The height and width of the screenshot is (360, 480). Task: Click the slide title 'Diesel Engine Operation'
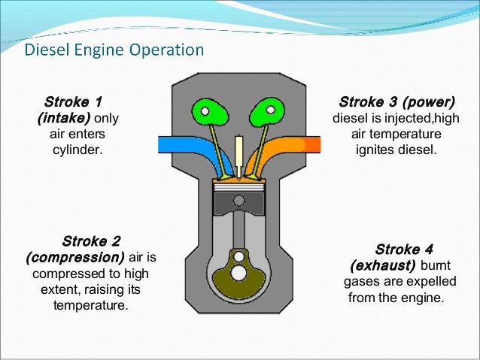(x=114, y=51)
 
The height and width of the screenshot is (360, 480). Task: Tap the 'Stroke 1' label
(x=73, y=101)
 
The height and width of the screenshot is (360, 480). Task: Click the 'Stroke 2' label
(x=90, y=241)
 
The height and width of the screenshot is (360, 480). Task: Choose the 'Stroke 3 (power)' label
(x=396, y=101)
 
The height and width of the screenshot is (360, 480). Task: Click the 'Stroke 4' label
(x=403, y=250)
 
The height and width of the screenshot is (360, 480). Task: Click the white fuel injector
(x=239, y=154)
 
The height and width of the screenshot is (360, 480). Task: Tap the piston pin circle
(x=239, y=201)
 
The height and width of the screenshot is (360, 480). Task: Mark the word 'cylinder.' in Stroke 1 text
(x=76, y=150)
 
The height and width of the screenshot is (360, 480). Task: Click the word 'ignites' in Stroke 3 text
(x=375, y=150)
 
